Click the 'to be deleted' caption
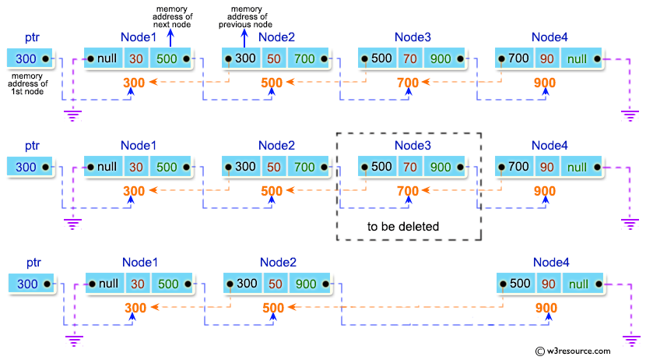coord(402,227)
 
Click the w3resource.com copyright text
coord(586,351)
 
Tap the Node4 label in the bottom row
coord(551,263)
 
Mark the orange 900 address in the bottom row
coord(546,308)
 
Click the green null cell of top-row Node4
coord(577,58)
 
